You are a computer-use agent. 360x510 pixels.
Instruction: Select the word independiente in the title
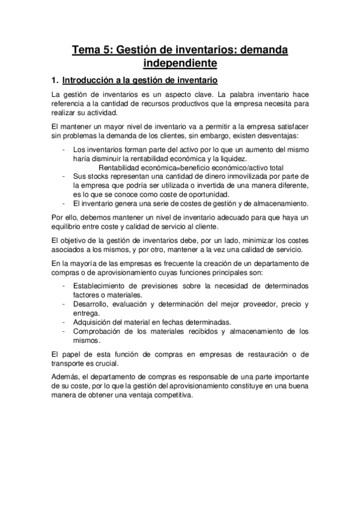pyautogui.click(x=180, y=63)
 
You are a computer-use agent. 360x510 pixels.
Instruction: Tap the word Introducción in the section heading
pyautogui.click(x=91, y=80)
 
